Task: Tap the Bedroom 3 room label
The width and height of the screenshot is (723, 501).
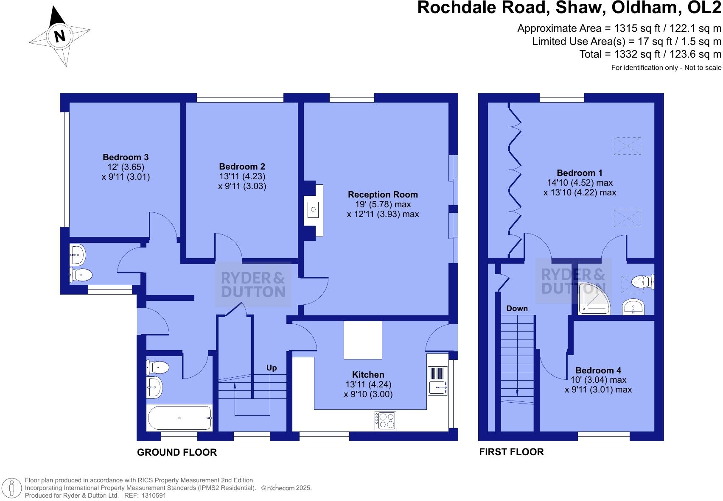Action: [126, 157]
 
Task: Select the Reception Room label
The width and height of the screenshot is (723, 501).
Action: [383, 195]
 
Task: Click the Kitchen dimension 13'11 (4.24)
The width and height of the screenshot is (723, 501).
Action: [368, 384]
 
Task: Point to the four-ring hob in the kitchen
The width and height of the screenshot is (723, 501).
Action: [385, 420]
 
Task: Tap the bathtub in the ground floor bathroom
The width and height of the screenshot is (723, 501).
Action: [179, 418]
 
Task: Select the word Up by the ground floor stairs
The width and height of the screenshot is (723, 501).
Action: [272, 367]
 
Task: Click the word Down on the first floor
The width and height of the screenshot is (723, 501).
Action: [517, 308]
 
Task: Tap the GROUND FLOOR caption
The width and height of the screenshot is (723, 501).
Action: [177, 452]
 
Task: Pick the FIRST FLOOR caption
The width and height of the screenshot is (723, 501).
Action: [511, 452]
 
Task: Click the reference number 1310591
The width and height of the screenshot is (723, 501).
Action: [154, 495]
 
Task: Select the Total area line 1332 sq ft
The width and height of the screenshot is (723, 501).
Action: [650, 54]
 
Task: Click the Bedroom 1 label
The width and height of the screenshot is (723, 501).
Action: [580, 173]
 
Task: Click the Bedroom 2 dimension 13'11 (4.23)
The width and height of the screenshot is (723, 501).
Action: [242, 176]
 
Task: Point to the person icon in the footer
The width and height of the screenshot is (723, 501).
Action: [12, 488]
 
